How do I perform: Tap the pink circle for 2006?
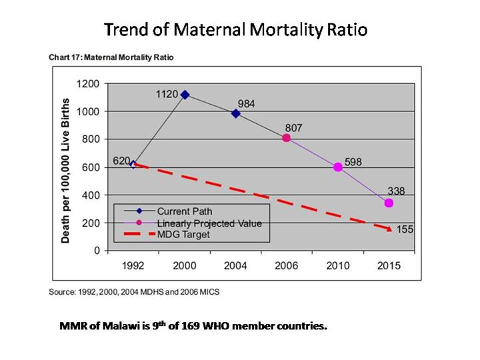click(287, 138)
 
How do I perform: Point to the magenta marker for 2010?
click(338, 167)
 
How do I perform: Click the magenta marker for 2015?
click(389, 203)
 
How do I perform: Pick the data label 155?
click(404, 230)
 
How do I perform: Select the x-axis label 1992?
click(134, 265)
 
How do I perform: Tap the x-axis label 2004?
click(236, 265)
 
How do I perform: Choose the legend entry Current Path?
click(179, 211)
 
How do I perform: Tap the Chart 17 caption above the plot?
click(111, 57)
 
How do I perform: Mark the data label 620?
click(121, 161)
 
